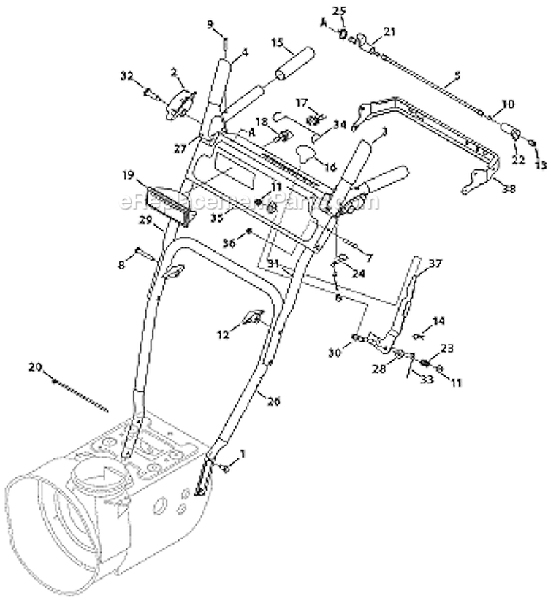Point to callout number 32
pos(126,74)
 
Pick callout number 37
pos(435,263)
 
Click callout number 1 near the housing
pos(243,453)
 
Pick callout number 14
pos(438,320)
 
